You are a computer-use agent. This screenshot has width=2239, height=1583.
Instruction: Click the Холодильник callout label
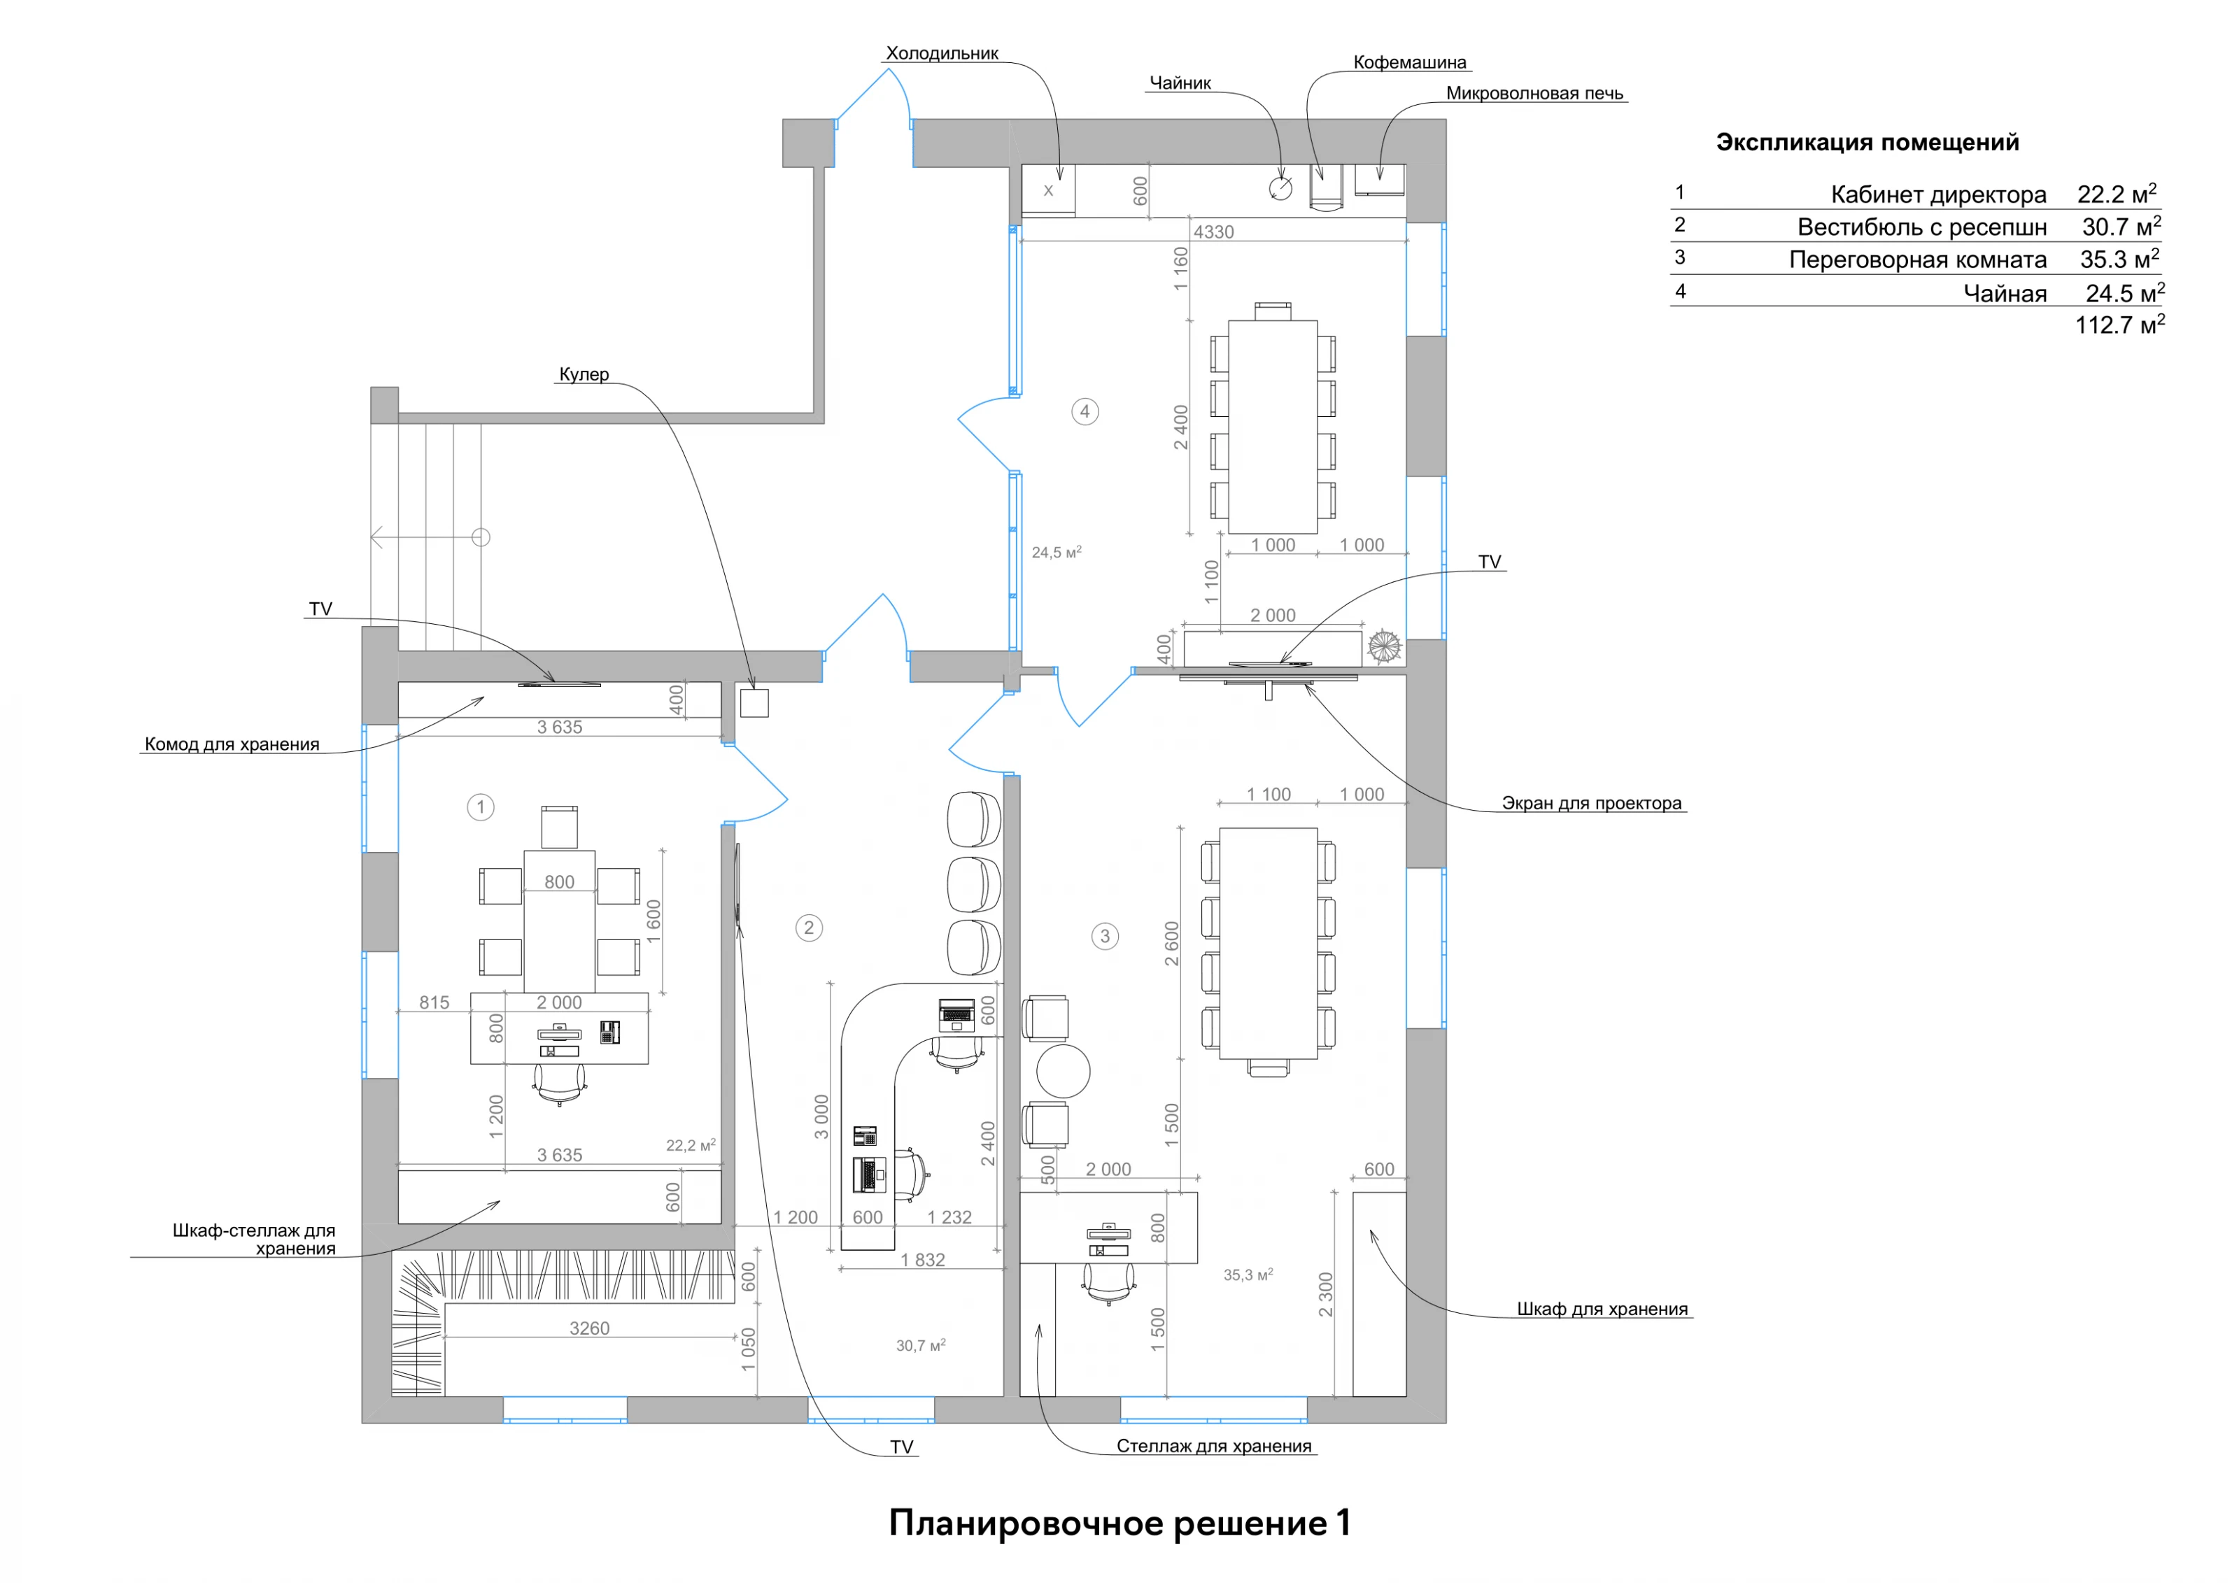click(941, 54)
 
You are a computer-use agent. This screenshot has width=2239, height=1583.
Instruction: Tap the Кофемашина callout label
click(1409, 62)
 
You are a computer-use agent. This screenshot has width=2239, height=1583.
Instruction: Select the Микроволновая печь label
click(1534, 94)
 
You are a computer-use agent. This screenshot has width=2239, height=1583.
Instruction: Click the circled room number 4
click(1085, 411)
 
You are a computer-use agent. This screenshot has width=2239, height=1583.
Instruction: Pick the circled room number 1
click(480, 807)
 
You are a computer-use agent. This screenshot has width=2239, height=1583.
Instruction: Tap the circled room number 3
click(1104, 937)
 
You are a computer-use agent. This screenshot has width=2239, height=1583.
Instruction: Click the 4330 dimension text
click(1213, 232)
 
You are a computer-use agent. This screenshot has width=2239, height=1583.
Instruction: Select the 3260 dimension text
click(589, 1328)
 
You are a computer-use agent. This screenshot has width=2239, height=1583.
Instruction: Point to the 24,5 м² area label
click(1056, 552)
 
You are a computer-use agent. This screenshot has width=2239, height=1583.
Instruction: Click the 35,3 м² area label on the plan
click(1248, 1274)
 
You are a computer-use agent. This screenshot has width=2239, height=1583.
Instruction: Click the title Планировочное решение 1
click(1119, 1523)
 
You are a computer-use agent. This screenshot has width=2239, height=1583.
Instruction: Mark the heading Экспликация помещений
click(1867, 142)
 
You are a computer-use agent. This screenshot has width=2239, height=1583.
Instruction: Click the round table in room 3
click(1062, 1071)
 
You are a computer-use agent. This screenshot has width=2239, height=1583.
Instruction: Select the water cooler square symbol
click(754, 703)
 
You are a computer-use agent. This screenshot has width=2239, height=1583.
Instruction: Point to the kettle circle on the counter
click(1280, 188)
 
